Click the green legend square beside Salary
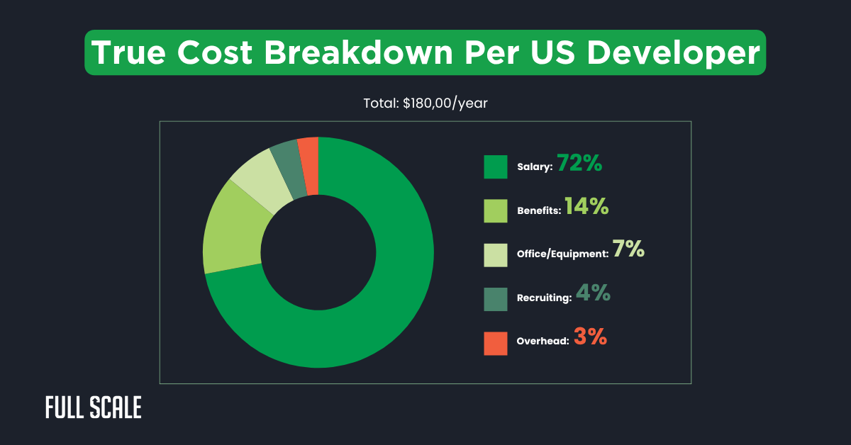pyautogui.click(x=496, y=167)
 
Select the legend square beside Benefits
pyautogui.click(x=496, y=210)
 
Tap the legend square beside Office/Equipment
pyautogui.click(x=496, y=254)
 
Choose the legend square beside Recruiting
pyautogui.click(x=496, y=298)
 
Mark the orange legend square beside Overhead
pyautogui.click(x=496, y=342)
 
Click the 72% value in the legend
pyautogui.click(x=579, y=164)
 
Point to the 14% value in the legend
pyautogui.click(x=586, y=207)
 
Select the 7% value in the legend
pyautogui.click(x=629, y=249)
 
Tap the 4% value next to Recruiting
pyautogui.click(x=593, y=294)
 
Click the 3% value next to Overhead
pyautogui.click(x=590, y=337)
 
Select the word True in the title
pyautogui.click(x=128, y=53)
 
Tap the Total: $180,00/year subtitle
pyautogui.click(x=425, y=103)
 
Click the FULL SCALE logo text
pyautogui.click(x=94, y=407)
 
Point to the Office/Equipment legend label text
pyautogui.click(x=562, y=254)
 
